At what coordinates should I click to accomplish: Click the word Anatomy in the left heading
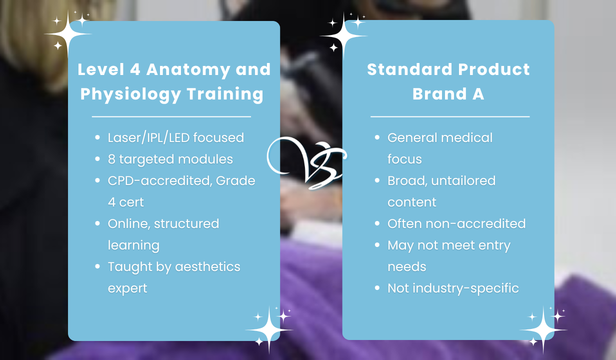pyautogui.click(x=188, y=70)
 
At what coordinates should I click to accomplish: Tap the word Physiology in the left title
pyautogui.click(x=130, y=94)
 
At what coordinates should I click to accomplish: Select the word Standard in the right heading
pyautogui.click(x=410, y=69)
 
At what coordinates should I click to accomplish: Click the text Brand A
pyautogui.click(x=448, y=94)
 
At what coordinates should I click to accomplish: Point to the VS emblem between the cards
pyautogui.click(x=306, y=163)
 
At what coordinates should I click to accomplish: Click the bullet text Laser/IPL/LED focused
pyautogui.click(x=176, y=137)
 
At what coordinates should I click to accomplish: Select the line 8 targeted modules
pyautogui.click(x=170, y=159)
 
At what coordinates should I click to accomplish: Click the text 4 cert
pyautogui.click(x=125, y=202)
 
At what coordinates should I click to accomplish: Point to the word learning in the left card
pyautogui.click(x=133, y=245)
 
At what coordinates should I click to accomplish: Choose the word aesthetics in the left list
pyautogui.click(x=207, y=267)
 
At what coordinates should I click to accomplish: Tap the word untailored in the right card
pyautogui.click(x=463, y=180)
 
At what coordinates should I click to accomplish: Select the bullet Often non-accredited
pyautogui.click(x=456, y=223)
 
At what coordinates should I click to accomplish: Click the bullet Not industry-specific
pyautogui.click(x=453, y=288)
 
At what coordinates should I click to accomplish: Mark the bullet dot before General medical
pyautogui.click(x=377, y=137)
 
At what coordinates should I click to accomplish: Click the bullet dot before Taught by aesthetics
pyautogui.click(x=97, y=266)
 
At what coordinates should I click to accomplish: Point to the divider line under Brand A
pyautogui.click(x=450, y=116)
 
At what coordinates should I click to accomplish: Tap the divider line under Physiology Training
pyautogui.click(x=171, y=116)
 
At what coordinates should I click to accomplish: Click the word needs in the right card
pyautogui.click(x=406, y=267)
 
